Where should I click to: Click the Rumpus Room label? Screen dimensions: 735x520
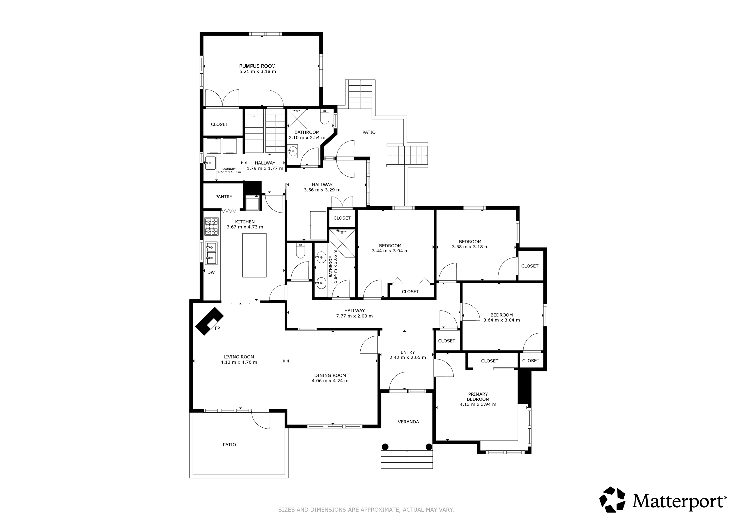point(257,66)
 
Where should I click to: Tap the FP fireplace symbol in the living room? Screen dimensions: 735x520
point(209,321)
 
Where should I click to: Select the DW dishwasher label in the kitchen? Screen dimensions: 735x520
point(211,272)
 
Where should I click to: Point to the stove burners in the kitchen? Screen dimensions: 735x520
point(211,227)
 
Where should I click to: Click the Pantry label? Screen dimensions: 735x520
point(224,197)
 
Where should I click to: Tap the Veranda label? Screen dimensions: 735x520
point(408,422)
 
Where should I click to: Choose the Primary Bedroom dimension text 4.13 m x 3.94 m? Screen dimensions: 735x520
point(478,404)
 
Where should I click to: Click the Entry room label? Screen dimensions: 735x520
point(408,352)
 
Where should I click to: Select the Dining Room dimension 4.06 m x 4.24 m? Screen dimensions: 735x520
point(330,381)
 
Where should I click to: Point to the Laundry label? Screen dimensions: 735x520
point(229,169)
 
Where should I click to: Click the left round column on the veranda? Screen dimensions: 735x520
point(385,447)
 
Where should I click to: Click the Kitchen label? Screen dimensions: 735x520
point(245,222)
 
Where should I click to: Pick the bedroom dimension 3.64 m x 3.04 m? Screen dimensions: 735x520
point(502,320)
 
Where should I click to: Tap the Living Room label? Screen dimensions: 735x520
point(239,357)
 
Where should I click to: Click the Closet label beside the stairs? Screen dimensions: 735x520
point(219,124)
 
